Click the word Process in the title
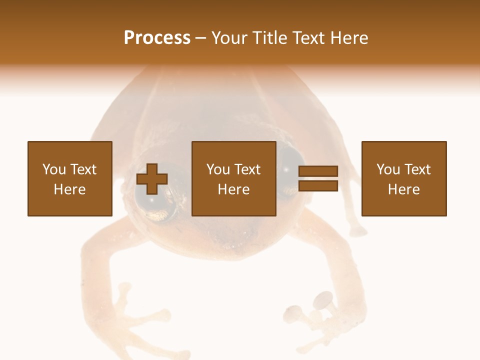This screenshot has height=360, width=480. point(157,38)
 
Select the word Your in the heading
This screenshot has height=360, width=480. point(229,38)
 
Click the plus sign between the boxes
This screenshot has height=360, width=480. point(152,179)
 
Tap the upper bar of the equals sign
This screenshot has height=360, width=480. point(318,171)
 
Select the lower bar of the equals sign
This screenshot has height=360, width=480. point(318,186)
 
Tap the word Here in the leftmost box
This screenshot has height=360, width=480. point(69,189)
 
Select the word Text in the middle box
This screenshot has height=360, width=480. point(248,169)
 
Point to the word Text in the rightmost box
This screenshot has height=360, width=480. point(418,169)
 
